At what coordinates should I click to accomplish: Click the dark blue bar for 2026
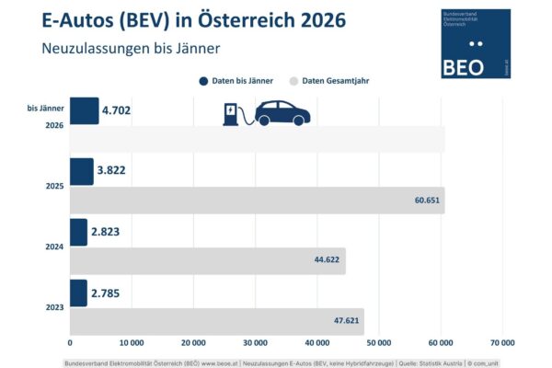[84, 110]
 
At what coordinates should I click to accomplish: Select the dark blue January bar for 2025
[81, 171]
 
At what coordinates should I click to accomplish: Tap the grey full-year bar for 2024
[207, 260]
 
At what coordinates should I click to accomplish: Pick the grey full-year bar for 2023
[216, 320]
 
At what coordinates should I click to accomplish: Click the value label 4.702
[119, 112]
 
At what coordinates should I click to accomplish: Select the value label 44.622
[328, 260]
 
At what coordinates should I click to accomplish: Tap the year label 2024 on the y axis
[53, 247]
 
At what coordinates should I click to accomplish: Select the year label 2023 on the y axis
[53, 306]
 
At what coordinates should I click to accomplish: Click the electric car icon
[282, 112]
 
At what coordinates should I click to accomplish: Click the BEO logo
[476, 43]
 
